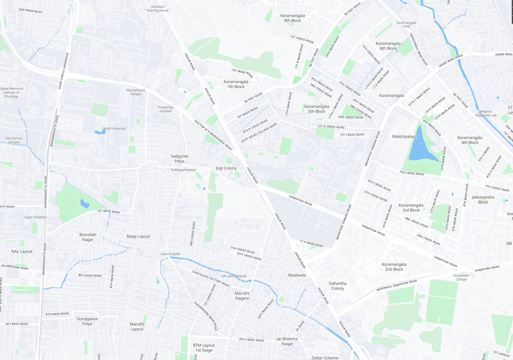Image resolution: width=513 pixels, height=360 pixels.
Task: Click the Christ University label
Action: [x=114, y=128]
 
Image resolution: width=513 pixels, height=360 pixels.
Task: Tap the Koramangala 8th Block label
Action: [x=292, y=18]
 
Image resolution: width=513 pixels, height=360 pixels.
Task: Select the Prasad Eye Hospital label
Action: [x=165, y=109]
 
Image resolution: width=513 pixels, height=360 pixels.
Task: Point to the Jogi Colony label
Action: [x=226, y=168]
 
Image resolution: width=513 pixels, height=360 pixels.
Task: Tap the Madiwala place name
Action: [x=297, y=275]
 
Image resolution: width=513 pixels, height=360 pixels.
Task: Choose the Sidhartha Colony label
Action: [x=337, y=286]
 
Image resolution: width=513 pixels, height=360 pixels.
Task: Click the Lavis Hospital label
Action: [x=170, y=254]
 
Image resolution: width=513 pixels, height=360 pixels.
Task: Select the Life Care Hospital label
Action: [x=234, y=276]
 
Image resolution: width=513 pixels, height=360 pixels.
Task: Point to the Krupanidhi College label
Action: [x=461, y=278]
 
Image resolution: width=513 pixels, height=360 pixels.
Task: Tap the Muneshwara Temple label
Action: [x=136, y=92]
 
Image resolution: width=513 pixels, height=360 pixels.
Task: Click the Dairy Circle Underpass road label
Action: [x=63, y=71]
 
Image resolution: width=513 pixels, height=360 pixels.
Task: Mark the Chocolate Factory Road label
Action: [x=210, y=278]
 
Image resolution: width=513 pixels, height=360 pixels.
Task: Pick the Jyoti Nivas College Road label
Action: [x=259, y=133]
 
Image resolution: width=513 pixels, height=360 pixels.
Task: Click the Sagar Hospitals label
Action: [x=35, y=217]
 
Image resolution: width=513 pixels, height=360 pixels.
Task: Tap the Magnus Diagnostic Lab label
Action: [x=486, y=113]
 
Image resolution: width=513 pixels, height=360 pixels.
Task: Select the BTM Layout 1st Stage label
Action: [x=204, y=348]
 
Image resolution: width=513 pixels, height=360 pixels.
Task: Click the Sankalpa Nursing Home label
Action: [x=158, y=8]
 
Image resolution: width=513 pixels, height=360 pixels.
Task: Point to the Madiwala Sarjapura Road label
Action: [x=396, y=285]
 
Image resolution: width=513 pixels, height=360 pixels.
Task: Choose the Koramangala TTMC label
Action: [x=406, y=25]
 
